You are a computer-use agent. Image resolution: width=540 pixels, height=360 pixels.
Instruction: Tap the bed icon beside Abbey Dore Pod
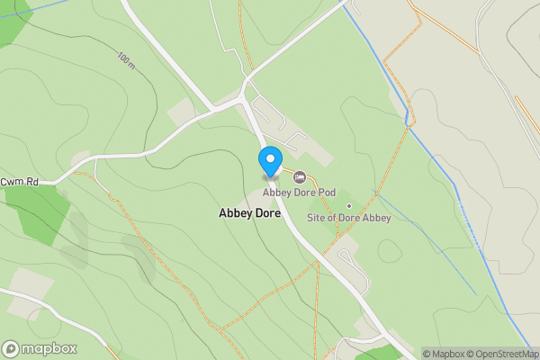[300, 176]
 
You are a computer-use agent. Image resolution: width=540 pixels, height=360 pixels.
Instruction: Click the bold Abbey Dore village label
[249, 214]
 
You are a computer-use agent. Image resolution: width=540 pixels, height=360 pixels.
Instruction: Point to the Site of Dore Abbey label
[348, 218]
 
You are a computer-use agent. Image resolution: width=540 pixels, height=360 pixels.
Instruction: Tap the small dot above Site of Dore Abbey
[348, 206]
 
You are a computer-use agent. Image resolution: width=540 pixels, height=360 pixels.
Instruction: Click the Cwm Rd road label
[19, 182]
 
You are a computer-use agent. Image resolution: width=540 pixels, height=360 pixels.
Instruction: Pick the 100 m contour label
[126, 61]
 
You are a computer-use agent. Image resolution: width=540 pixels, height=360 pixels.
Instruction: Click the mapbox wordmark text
[49, 349]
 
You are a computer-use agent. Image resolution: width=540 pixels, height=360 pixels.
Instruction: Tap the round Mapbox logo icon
[11, 349]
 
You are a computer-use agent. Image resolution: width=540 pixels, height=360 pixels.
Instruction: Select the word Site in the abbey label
[316, 218]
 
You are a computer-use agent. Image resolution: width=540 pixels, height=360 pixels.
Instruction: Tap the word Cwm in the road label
[12, 182]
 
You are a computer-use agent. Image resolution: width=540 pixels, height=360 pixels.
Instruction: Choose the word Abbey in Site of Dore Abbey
[376, 218]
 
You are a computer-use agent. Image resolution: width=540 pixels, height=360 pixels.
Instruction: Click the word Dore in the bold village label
[267, 214]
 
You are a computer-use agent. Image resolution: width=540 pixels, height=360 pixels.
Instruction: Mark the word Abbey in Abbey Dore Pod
[276, 192]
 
